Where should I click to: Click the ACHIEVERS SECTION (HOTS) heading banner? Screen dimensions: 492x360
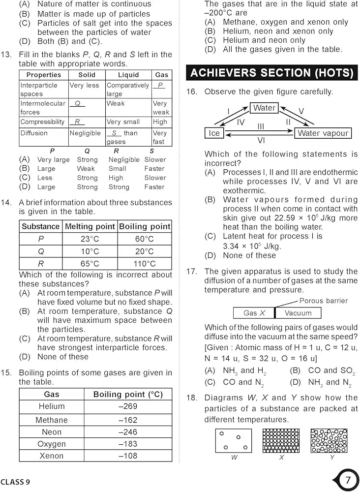pyautogui.click(x=271, y=73)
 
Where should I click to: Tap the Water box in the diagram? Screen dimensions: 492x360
pyautogui.click(x=265, y=108)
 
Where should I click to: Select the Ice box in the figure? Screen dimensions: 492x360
pyautogui.click(x=214, y=133)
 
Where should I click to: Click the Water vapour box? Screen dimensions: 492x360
pyautogui.click(x=323, y=133)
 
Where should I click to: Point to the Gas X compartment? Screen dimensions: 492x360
pyautogui.click(x=254, y=313)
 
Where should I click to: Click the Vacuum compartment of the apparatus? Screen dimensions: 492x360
pyautogui.click(x=298, y=313)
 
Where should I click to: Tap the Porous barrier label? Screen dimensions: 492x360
pyautogui.click(x=323, y=301)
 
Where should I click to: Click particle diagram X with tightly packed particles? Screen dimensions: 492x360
pyautogui.click(x=281, y=440)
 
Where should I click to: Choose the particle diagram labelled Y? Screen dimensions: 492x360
pyautogui.click(x=329, y=440)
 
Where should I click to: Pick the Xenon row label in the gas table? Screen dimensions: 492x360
pyautogui.click(x=52, y=456)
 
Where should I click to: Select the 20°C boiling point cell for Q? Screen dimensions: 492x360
pyautogui.click(x=144, y=251)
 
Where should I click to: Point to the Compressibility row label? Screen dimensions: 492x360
pyautogui.click(x=42, y=122)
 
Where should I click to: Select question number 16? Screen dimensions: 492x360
pyautogui.click(x=191, y=92)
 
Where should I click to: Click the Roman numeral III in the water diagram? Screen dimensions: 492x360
pyautogui.click(x=261, y=127)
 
